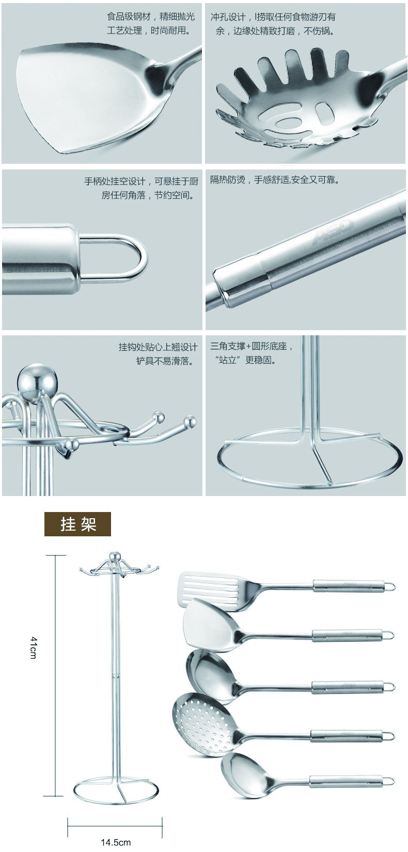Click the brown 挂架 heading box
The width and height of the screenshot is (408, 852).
(77, 524)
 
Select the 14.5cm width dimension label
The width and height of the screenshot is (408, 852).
(116, 842)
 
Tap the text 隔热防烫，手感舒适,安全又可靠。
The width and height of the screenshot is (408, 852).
(275, 179)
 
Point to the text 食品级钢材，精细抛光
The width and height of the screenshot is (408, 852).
(151, 17)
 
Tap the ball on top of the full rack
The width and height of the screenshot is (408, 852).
(113, 556)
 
